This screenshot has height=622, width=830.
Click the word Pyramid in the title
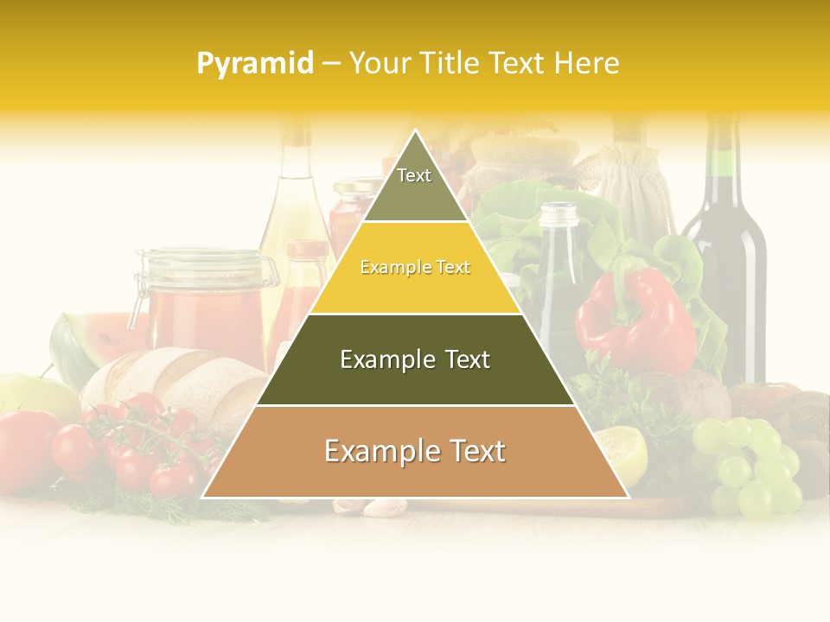coord(255,63)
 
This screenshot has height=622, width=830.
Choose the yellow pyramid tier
coord(415,268)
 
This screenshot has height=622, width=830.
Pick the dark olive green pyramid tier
coord(415,359)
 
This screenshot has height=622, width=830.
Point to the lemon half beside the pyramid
coord(624,453)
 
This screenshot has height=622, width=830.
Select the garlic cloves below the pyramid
coord(380,507)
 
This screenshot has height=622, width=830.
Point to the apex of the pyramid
coord(415,131)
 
